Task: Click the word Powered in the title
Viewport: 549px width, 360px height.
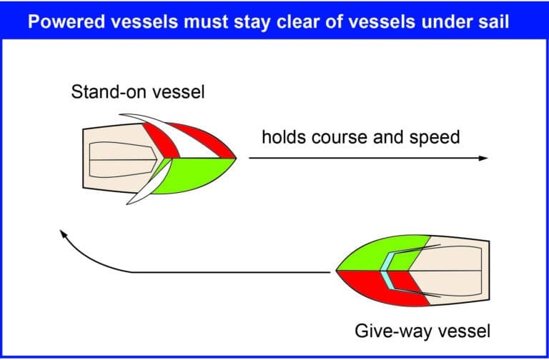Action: pos(66,21)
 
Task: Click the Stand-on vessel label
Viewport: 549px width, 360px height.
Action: pos(138,92)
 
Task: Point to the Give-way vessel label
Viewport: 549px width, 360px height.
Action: pos(422,331)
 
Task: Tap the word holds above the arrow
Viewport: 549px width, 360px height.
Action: pos(284,136)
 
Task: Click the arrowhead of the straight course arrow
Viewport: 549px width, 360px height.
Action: pos(483,158)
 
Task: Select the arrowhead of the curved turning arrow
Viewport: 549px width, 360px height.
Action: pos(63,234)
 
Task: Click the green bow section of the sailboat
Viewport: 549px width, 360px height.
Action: pos(194,175)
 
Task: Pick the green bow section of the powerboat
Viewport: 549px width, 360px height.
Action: pos(382,254)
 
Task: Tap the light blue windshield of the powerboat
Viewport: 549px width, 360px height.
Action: pos(387,271)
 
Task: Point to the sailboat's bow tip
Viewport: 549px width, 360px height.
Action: pos(236,158)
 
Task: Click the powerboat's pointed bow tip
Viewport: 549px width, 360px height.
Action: pos(337,271)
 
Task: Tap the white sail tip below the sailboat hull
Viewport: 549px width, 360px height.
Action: pos(129,203)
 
